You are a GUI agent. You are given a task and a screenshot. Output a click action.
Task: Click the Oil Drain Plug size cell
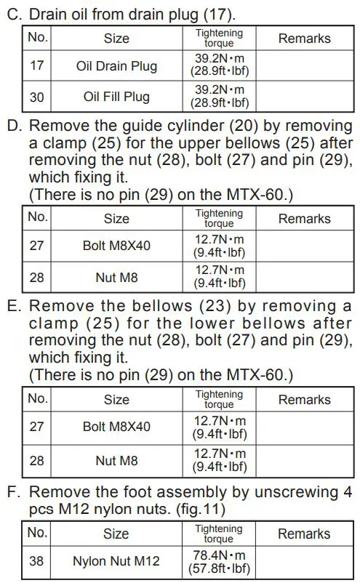pyautogui.click(x=116, y=66)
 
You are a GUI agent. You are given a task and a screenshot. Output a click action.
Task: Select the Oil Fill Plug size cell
pyautogui.click(x=116, y=97)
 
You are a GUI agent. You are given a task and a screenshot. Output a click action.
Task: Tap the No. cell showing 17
pyautogui.click(x=36, y=66)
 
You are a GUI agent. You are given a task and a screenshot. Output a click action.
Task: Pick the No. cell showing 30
pyautogui.click(x=36, y=97)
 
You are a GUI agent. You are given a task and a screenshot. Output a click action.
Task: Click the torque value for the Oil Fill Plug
pyautogui.click(x=220, y=97)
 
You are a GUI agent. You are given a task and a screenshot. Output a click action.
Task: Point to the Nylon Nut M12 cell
pyautogui.click(x=116, y=561)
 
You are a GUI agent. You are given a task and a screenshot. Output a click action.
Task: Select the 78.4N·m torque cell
pyautogui.click(x=220, y=561)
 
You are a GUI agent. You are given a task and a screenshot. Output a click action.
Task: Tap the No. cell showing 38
pyautogui.click(x=36, y=561)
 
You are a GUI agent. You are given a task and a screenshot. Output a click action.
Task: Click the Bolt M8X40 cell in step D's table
pyautogui.click(x=116, y=246)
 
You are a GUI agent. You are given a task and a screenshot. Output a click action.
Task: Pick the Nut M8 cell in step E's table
pyautogui.click(x=116, y=460)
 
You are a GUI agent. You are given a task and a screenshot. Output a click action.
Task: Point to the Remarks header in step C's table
pyautogui.click(x=304, y=38)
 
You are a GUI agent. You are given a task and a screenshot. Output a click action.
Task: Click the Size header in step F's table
pyautogui.click(x=116, y=534)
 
